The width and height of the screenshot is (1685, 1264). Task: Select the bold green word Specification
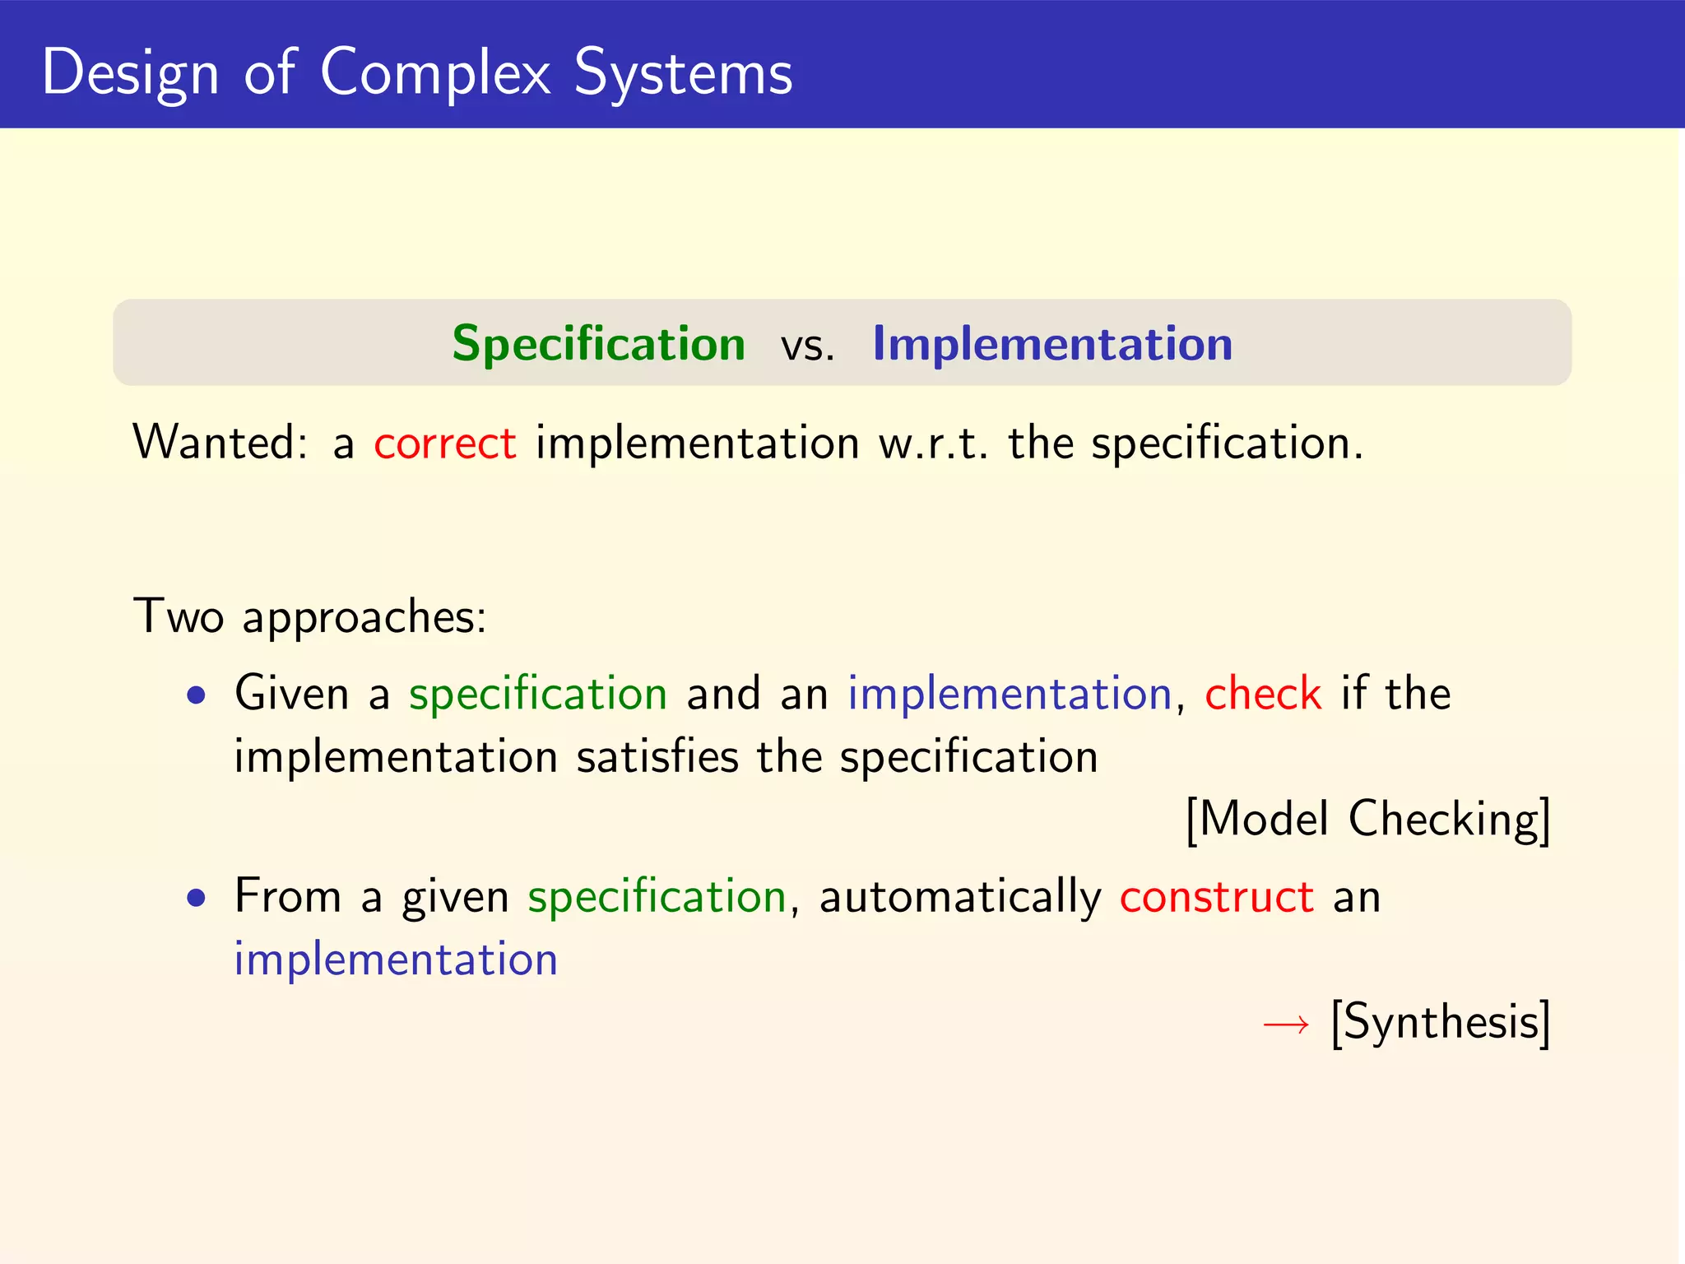598,344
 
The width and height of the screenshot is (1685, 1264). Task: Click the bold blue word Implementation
1052,343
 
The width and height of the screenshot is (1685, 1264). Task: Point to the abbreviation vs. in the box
807,346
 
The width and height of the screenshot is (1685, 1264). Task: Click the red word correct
445,444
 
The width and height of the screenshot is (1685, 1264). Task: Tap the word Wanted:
220,443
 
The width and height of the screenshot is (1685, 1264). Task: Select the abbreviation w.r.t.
932,444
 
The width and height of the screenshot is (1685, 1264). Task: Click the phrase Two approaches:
310,617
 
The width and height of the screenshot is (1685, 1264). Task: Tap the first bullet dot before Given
196,696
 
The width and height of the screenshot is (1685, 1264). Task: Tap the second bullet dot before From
196,899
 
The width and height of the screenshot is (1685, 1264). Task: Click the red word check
1263,693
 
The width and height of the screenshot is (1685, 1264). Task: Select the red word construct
1216,896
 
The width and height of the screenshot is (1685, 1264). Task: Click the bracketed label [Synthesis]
1441,1023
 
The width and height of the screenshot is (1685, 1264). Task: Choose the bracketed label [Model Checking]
1367,820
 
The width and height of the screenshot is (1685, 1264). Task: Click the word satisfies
657,756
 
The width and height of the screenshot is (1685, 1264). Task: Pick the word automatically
959,897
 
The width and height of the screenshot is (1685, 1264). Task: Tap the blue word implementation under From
396,960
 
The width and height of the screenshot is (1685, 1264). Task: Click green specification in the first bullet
537,694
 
